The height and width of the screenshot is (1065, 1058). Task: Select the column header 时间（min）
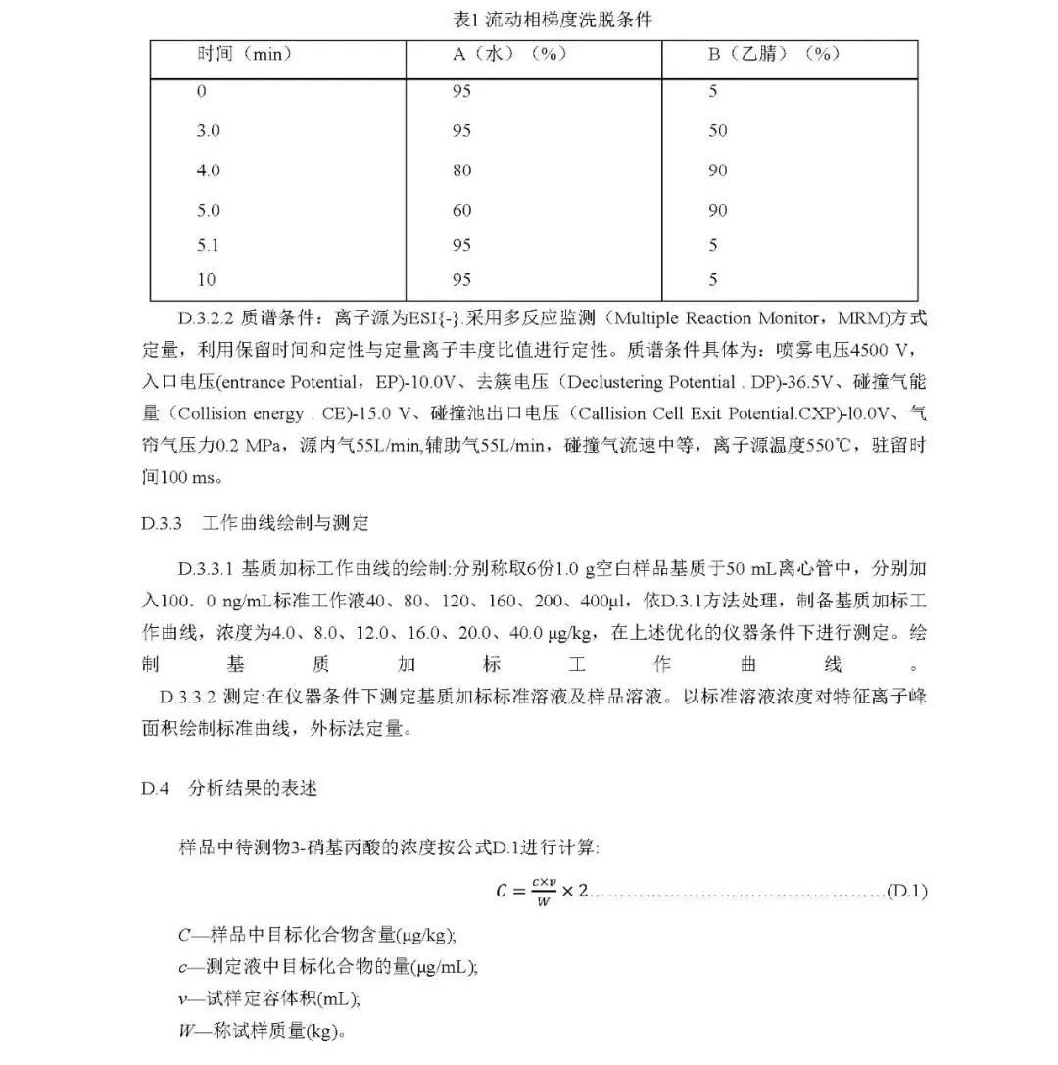click(x=244, y=54)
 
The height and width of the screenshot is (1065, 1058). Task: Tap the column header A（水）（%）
click(x=509, y=54)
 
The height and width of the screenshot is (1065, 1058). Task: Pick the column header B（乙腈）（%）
click(x=774, y=54)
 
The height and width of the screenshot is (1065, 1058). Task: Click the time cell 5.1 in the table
click(x=207, y=245)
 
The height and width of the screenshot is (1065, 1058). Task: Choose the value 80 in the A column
click(x=461, y=170)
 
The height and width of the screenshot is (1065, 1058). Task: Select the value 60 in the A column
click(x=461, y=210)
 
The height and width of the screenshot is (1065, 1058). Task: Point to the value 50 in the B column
click(x=718, y=131)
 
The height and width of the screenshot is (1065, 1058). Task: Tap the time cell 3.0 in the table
click(x=208, y=131)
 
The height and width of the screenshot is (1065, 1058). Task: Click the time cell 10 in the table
click(x=206, y=280)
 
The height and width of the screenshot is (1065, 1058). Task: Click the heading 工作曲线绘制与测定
click(x=285, y=523)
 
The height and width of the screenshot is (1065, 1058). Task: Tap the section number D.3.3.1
click(x=207, y=568)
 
